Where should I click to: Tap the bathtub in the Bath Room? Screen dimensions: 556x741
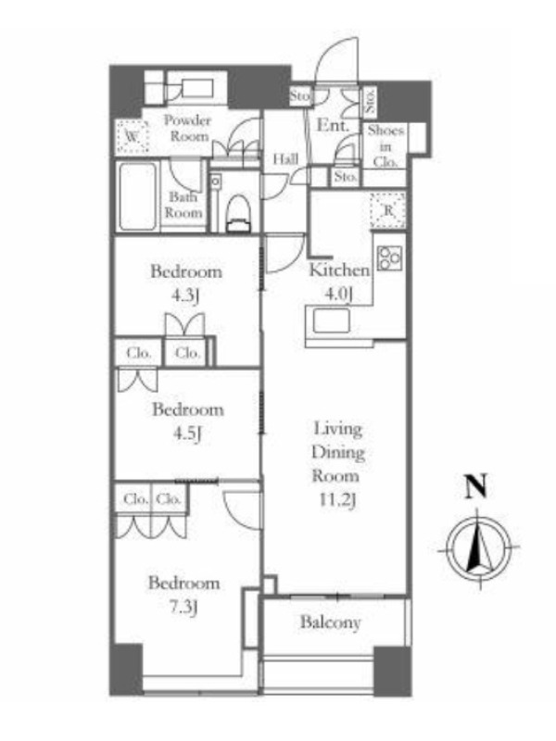pos(137,196)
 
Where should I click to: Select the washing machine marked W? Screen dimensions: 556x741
pos(133,136)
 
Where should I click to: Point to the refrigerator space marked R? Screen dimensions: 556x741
pos(387,210)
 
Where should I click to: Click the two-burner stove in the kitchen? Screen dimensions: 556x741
pos(389,258)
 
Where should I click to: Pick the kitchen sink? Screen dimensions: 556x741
pos(331,320)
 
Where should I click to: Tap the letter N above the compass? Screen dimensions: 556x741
pos(475,487)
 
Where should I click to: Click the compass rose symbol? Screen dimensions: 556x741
pos(479,549)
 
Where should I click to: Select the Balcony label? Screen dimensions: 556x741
pos(331,622)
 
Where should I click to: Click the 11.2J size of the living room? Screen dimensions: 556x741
pos(337,500)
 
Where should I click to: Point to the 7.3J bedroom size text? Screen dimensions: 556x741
pos(183,607)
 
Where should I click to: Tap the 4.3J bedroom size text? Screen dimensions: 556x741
pos(184,295)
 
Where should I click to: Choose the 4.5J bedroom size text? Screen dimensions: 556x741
pos(187,433)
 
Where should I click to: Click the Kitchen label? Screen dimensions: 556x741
pos(339,270)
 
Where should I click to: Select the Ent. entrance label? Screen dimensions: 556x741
pos(333,125)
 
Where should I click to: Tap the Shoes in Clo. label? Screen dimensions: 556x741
pos(385,146)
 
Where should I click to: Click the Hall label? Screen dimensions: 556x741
pos(285,158)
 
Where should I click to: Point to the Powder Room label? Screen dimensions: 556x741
pos(187,128)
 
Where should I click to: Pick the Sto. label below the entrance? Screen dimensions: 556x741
pos(346,177)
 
